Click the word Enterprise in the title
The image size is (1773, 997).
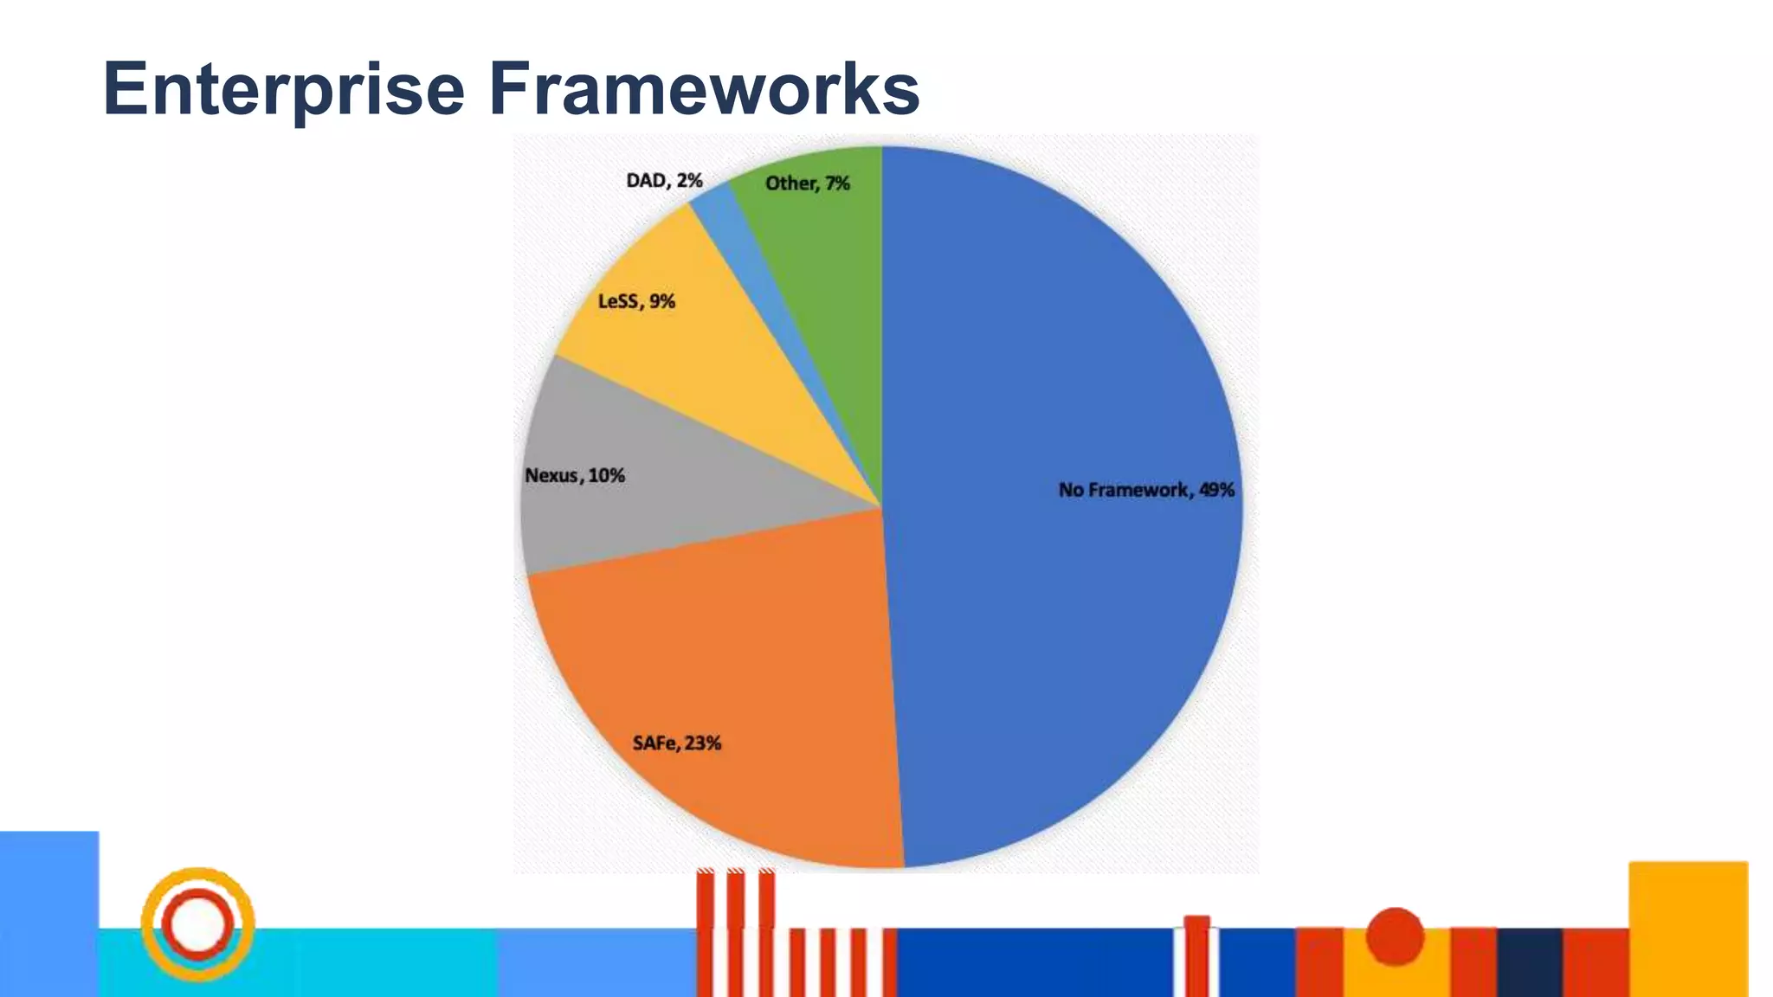[284, 89]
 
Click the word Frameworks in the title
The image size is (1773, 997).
[704, 89]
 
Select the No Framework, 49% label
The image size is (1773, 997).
[1146, 490]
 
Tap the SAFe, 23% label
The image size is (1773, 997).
[676, 743]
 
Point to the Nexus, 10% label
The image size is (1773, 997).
[575, 476]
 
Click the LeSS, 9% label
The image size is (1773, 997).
[636, 301]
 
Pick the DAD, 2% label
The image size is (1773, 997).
[664, 181]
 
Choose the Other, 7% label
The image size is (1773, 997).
[807, 183]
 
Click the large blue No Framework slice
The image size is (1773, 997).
[1056, 363]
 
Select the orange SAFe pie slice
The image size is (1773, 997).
[736, 658]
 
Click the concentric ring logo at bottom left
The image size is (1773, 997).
[197, 924]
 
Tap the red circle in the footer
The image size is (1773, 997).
[1395, 936]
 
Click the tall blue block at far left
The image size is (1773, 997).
[48, 913]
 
